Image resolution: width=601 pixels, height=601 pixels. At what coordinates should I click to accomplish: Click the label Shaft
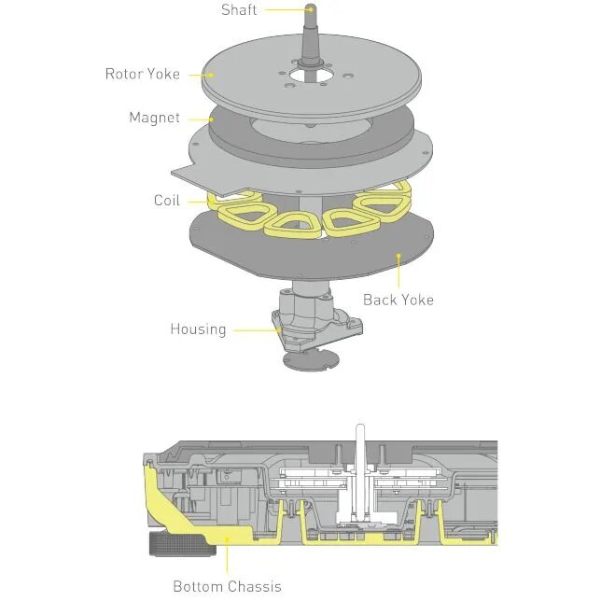click(238, 10)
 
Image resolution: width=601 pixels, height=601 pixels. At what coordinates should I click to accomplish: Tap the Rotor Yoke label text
click(143, 74)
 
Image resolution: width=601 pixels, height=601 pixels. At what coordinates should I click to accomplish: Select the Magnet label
click(154, 119)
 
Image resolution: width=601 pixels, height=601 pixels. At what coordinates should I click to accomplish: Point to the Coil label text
click(167, 201)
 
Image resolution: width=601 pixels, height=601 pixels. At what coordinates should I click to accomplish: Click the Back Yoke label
click(398, 300)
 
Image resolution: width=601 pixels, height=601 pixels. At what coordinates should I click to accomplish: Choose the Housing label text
click(198, 329)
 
